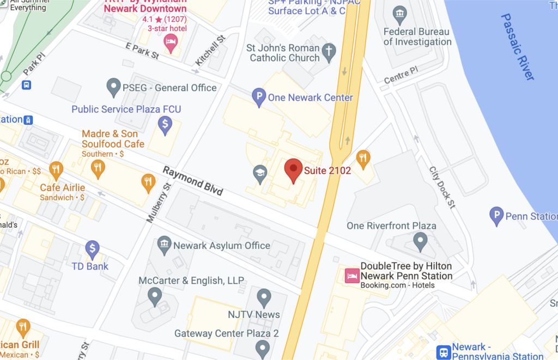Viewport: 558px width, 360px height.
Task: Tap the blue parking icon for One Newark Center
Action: (x=258, y=97)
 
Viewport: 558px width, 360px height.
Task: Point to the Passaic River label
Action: (x=517, y=46)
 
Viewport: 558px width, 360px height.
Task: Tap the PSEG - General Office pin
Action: (x=113, y=86)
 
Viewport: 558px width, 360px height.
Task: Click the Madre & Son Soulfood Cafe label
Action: (x=113, y=139)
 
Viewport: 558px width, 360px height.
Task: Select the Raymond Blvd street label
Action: (x=193, y=181)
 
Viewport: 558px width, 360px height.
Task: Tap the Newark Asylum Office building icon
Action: (x=164, y=245)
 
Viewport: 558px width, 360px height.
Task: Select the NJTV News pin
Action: (x=264, y=298)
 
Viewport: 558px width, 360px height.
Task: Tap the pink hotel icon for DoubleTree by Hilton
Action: (x=351, y=276)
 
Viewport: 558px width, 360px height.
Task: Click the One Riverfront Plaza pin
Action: (x=420, y=240)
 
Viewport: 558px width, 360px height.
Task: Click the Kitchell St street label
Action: (x=210, y=51)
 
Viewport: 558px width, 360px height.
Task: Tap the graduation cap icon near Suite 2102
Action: (x=260, y=174)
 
